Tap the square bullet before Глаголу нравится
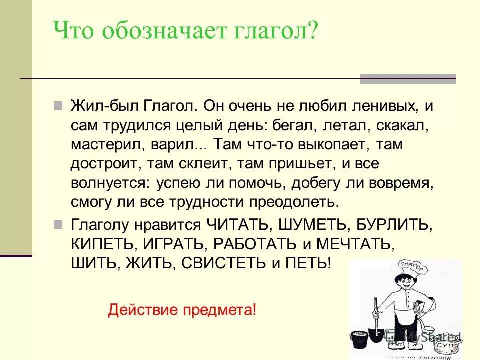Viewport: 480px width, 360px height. (58, 223)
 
